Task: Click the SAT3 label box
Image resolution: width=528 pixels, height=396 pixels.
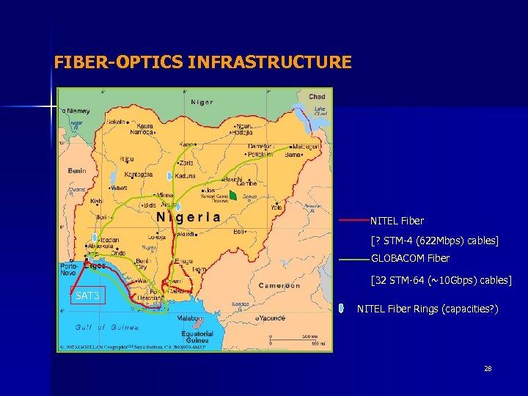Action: [x=88, y=296]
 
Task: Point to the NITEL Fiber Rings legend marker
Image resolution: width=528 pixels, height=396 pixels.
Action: [x=342, y=309]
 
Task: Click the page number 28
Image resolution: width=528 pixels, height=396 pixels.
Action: [x=488, y=368]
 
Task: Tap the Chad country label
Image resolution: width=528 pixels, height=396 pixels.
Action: [x=316, y=97]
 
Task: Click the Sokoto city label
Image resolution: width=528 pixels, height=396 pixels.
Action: [x=117, y=122]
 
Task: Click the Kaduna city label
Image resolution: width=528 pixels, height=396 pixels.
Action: [x=185, y=176]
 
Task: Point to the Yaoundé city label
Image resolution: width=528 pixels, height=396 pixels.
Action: [x=272, y=319]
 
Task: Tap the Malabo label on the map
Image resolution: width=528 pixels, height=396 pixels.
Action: [x=189, y=319]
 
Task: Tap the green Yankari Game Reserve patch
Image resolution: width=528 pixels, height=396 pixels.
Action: [x=232, y=195]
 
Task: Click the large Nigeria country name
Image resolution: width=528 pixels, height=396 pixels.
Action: [x=188, y=217]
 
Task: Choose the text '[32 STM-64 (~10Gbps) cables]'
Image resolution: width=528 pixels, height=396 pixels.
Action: [x=441, y=280]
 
